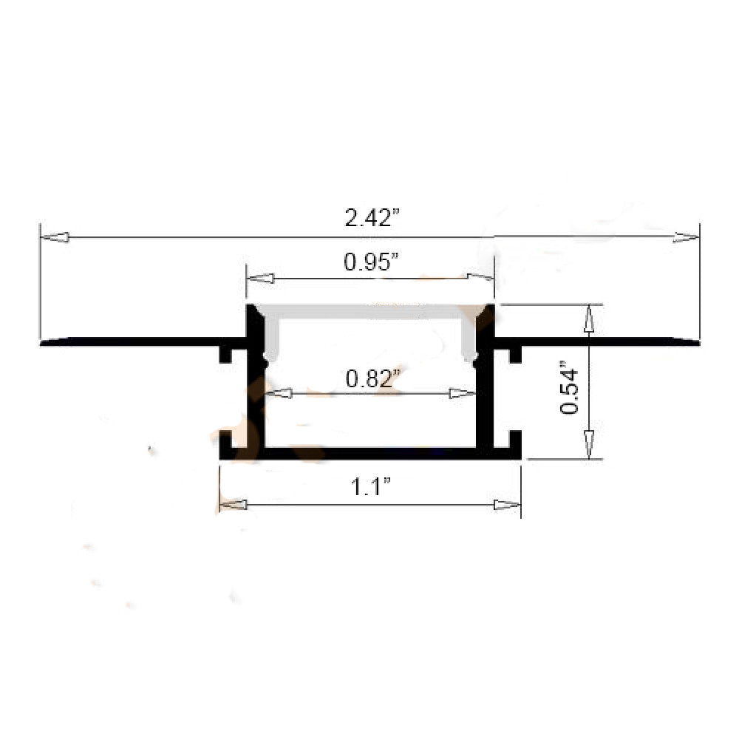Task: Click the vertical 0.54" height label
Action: [570, 387]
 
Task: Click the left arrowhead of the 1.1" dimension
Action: [234, 505]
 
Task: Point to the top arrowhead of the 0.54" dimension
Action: [589, 319]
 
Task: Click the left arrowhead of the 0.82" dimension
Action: [278, 394]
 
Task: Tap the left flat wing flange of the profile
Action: [133, 341]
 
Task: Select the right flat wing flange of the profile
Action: [606, 341]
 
